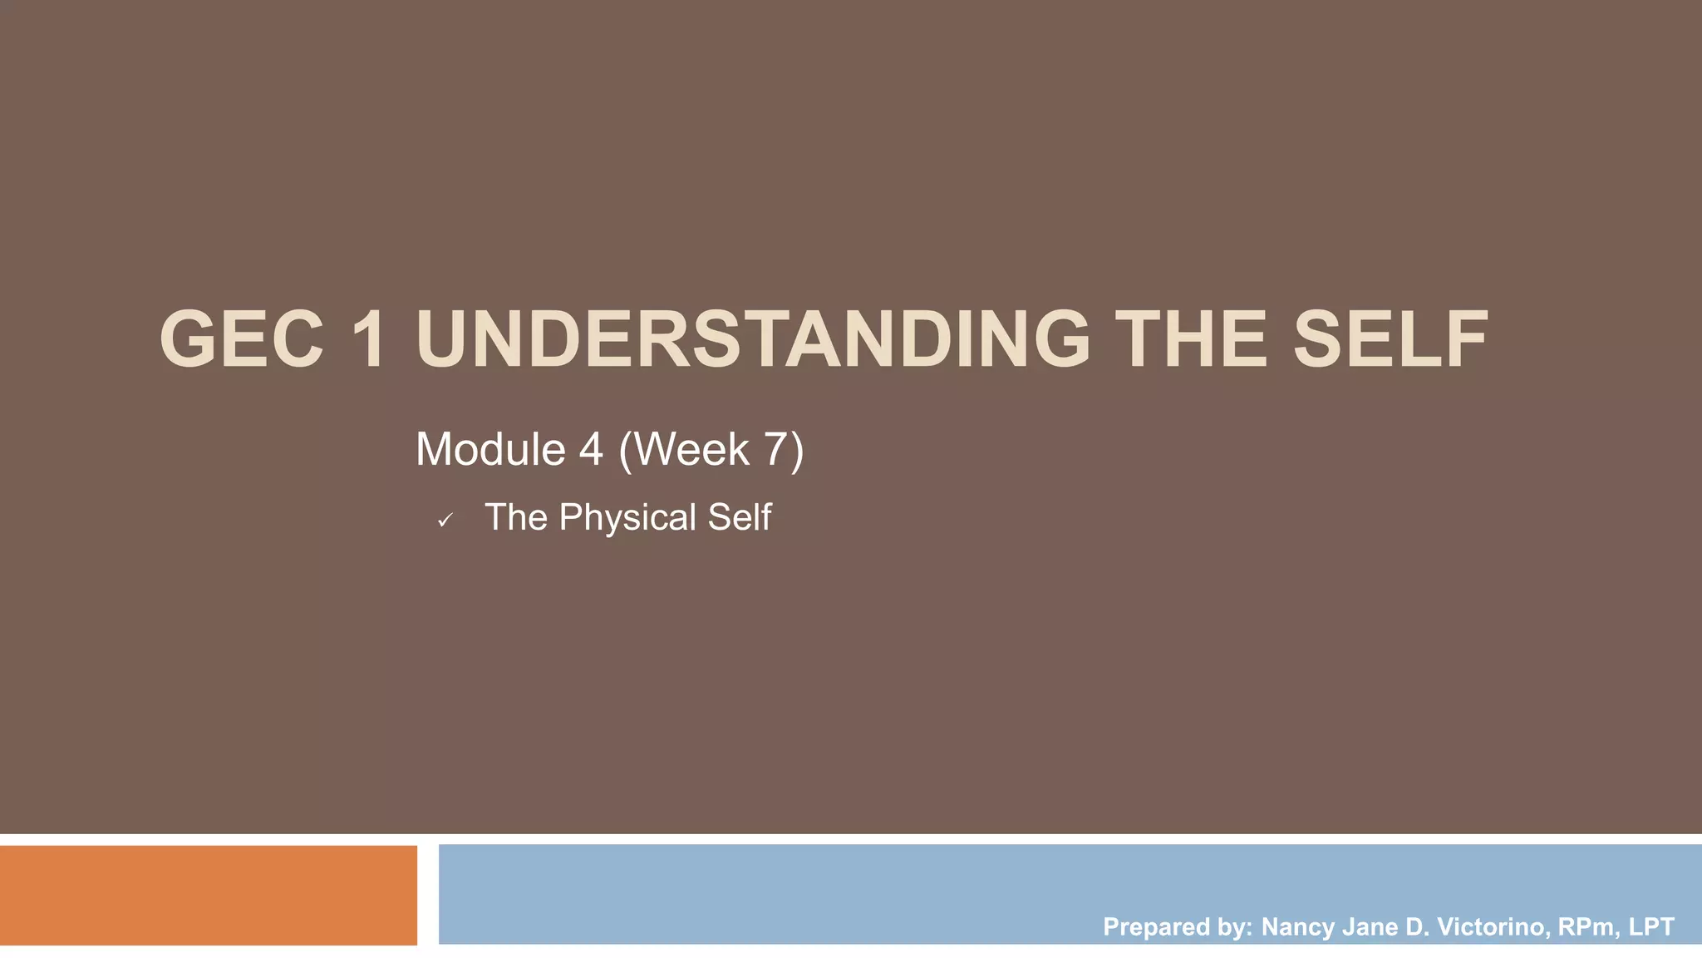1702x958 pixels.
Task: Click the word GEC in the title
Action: click(x=241, y=339)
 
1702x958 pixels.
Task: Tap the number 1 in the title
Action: click(x=367, y=339)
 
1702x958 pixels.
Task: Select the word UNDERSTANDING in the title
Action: click(x=752, y=339)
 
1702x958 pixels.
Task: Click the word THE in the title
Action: click(x=1190, y=339)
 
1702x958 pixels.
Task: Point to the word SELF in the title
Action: click(x=1390, y=339)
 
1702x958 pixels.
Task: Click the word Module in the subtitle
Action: click(x=490, y=449)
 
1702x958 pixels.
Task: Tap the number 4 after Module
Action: click(x=590, y=449)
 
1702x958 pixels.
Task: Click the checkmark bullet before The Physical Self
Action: click(x=445, y=521)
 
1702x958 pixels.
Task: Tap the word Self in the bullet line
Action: click(x=740, y=517)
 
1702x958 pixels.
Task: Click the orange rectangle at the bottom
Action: click(x=208, y=895)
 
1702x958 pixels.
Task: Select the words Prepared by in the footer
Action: click(x=1177, y=926)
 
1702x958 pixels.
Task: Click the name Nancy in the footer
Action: click(x=1297, y=926)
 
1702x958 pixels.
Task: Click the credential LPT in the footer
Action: click(x=1651, y=926)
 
